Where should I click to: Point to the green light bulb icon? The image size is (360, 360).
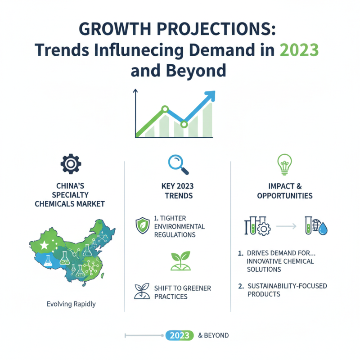(284, 164)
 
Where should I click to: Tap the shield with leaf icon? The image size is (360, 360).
(142, 225)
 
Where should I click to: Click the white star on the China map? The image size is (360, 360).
(44, 246)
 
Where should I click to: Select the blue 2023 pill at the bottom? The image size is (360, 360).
(180, 335)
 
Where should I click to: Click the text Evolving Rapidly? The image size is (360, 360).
(71, 304)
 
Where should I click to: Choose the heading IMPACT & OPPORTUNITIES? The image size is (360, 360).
(285, 191)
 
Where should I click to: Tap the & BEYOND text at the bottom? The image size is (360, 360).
(213, 335)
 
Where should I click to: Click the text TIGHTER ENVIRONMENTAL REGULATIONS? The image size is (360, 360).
(179, 226)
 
